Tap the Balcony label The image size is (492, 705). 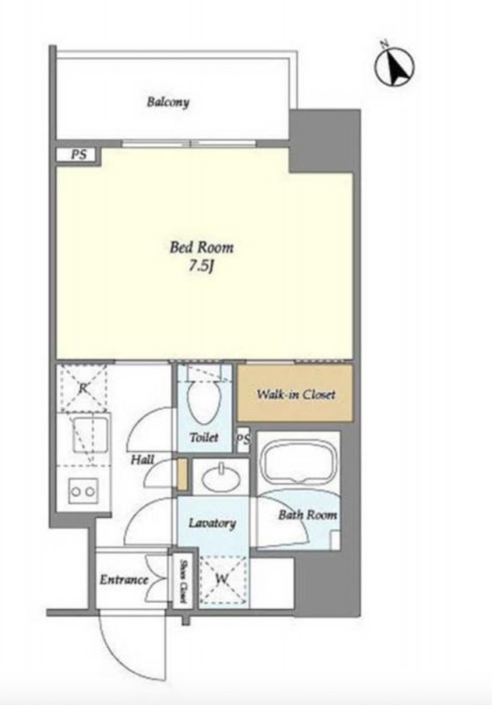click(x=168, y=102)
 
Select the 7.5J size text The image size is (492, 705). click(x=200, y=267)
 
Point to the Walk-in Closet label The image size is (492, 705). click(x=296, y=394)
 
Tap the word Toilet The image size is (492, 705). click(x=204, y=437)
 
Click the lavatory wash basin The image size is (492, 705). click(x=220, y=478)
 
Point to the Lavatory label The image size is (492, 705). click(x=212, y=523)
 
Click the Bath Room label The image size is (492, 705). click(x=307, y=515)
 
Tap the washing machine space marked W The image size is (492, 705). click(x=223, y=581)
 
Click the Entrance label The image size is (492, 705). click(x=124, y=580)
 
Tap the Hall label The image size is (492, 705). click(x=143, y=459)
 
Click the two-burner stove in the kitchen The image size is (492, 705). click(x=83, y=491)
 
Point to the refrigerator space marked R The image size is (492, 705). click(x=83, y=388)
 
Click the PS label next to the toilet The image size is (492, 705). click(x=243, y=439)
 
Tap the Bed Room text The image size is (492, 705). click(x=202, y=248)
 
